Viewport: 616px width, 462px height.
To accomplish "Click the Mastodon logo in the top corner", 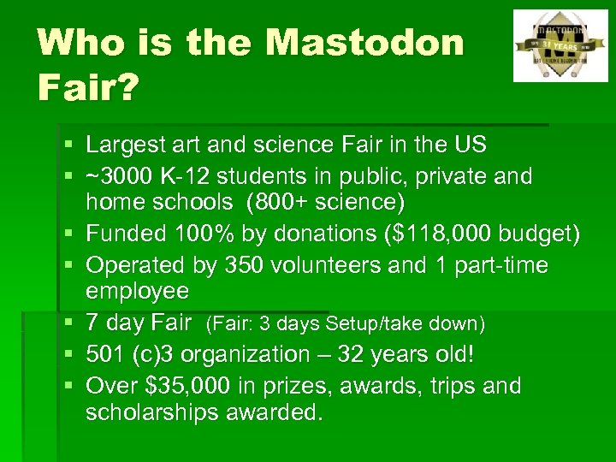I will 560,45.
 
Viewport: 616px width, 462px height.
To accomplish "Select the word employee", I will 137,291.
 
